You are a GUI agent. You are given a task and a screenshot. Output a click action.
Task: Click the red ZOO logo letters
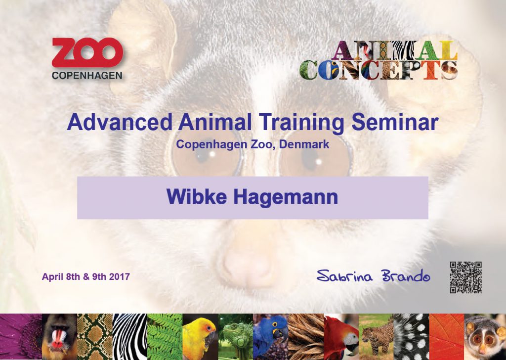pos(87,52)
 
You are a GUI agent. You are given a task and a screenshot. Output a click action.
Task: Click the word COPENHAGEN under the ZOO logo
pos(87,76)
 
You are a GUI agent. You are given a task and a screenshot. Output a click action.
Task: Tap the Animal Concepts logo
pos(379,60)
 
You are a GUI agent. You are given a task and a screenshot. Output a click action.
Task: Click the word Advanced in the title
pos(120,122)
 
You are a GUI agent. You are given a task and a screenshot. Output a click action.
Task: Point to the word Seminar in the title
pos(395,122)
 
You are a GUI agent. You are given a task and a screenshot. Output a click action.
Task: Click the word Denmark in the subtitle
pos(304,144)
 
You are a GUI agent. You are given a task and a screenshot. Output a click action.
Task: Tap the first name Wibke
pos(197,196)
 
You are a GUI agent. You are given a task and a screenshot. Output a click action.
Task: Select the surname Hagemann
pos(286,197)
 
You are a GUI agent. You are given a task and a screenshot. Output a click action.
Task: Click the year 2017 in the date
pos(120,277)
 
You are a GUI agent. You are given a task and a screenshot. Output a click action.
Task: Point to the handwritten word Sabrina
pos(344,276)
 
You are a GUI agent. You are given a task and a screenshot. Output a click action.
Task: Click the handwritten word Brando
pos(406,275)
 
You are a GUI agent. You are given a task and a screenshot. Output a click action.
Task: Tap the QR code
pos(465,277)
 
